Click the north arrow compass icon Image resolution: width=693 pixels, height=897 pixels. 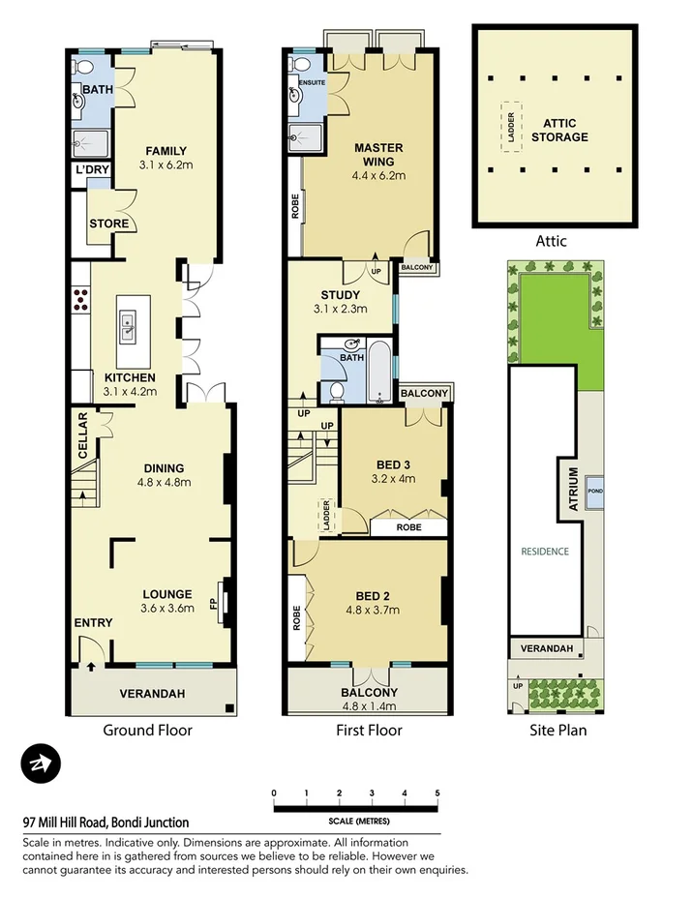click(41, 764)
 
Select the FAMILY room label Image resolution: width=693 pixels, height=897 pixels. click(166, 151)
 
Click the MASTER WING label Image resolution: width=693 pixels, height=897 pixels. click(377, 155)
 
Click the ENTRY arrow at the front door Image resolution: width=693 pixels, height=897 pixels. click(90, 666)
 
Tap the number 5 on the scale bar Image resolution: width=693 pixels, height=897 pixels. click(437, 792)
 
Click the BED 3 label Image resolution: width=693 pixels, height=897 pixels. click(394, 463)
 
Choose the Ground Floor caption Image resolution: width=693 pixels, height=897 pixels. click(147, 731)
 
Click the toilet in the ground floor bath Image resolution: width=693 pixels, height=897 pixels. click(81, 68)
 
